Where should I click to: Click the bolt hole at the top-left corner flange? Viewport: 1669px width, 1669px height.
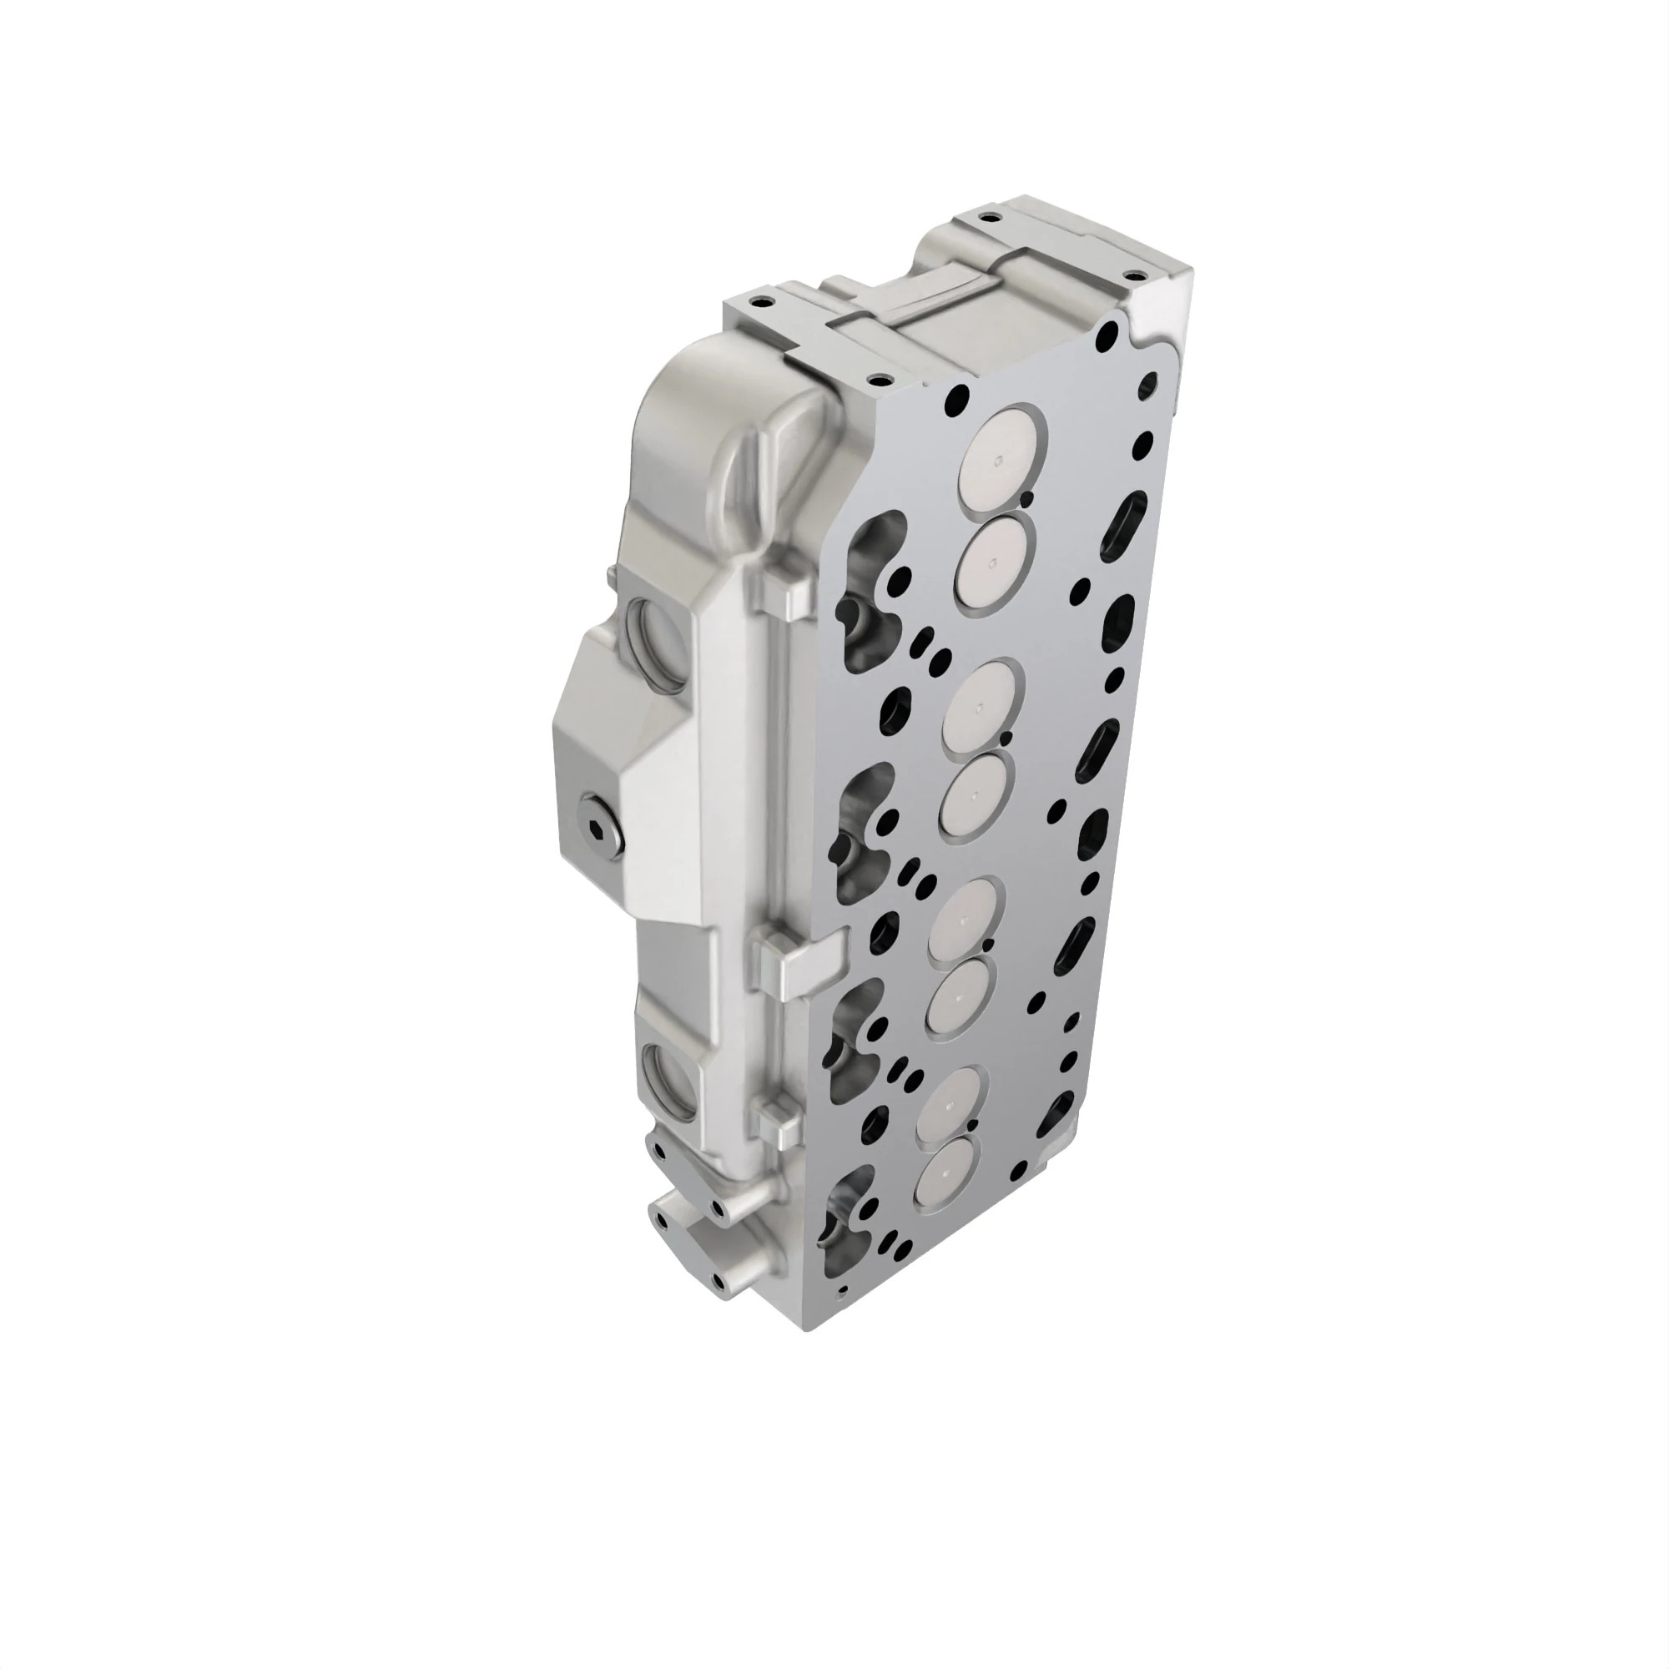759,303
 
